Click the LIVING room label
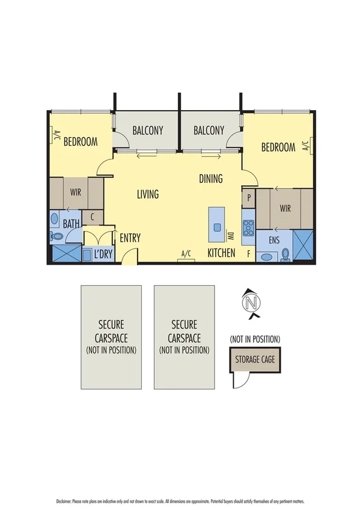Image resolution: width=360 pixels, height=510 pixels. pos(147,194)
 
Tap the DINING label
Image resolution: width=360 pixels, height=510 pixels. pos(211,179)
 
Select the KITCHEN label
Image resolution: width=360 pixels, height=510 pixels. pos(221,253)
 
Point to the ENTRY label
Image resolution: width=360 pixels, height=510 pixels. pos(130,238)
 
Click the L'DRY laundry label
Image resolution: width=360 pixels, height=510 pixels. pos(103,254)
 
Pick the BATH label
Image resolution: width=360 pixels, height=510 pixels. pos(72,224)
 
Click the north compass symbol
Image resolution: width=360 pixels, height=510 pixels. pos(253,303)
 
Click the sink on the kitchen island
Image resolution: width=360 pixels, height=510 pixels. pos(216,227)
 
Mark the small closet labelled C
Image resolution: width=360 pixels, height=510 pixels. pos(93,217)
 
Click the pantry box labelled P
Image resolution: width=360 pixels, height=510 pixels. pos(248,197)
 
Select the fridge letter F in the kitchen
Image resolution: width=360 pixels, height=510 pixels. pos(248,254)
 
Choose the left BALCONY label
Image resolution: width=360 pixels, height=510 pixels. pos(148,130)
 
